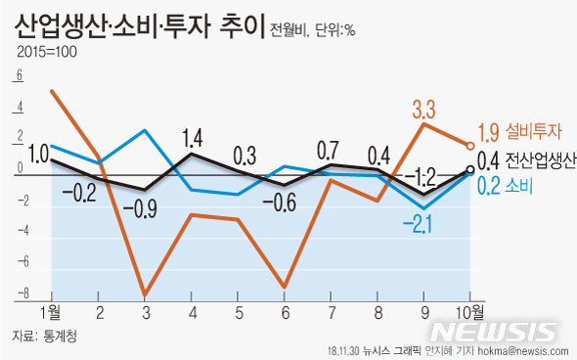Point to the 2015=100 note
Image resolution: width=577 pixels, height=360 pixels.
[x=46, y=52]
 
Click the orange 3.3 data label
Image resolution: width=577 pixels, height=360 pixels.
[x=424, y=107]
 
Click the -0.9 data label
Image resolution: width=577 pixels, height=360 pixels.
[x=146, y=207]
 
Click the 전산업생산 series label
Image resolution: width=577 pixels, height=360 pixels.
[x=540, y=160]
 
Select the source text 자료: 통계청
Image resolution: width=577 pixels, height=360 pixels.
[x=45, y=336]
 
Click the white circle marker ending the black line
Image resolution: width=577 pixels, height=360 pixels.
[x=471, y=169]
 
